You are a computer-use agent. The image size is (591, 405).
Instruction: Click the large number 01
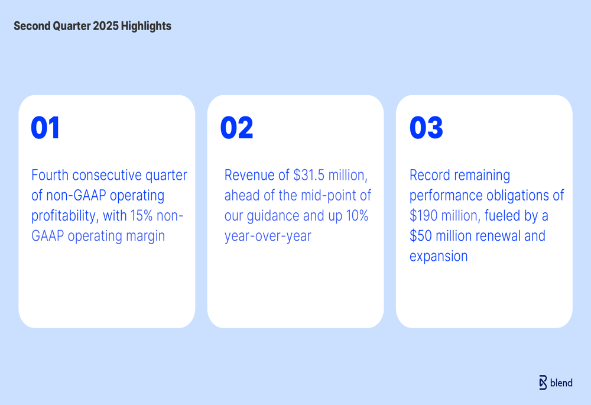46,128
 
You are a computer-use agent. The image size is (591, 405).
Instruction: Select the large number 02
237,128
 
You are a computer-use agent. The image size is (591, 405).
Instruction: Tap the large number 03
426,128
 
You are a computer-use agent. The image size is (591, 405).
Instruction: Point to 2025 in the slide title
106,26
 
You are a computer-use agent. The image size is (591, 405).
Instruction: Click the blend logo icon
543,383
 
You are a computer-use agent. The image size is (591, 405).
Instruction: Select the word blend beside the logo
561,383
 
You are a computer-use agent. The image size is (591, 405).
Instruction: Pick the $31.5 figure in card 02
309,175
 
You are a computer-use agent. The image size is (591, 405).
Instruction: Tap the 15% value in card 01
141,216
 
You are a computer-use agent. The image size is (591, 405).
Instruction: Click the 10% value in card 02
358,216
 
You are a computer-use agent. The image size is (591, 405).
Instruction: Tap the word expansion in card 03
439,257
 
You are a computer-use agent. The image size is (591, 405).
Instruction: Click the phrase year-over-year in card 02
268,236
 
